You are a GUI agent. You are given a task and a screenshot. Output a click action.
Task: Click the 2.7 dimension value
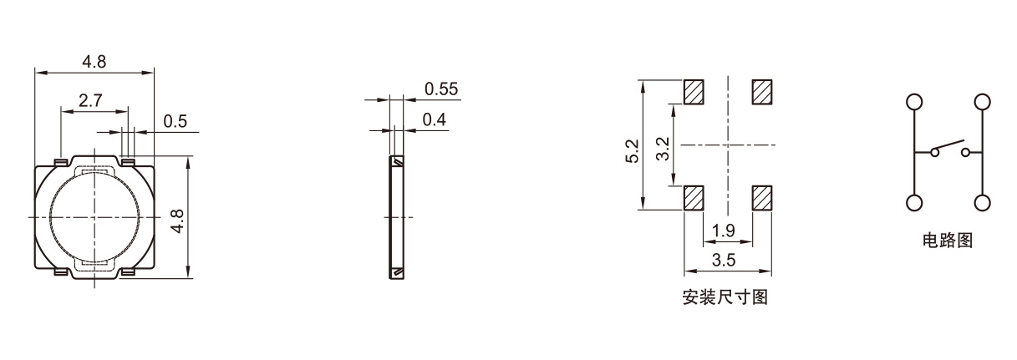point(90,100)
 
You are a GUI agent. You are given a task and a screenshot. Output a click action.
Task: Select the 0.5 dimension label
point(175,122)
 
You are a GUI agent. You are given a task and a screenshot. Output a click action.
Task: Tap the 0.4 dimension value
point(435,120)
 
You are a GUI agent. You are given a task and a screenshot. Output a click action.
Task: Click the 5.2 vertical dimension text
point(633,151)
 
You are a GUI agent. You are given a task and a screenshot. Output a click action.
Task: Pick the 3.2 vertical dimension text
point(663,151)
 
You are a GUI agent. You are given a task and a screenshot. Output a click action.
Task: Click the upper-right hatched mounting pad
point(762,91)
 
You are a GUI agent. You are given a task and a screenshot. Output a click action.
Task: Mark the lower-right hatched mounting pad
point(762,198)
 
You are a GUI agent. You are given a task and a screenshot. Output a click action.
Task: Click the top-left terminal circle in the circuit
point(914,102)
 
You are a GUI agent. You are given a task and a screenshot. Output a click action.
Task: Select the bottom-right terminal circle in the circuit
point(983,203)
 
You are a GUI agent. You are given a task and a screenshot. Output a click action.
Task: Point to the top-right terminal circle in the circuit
point(983,102)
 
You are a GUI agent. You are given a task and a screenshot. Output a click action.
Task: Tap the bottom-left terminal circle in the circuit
point(914,203)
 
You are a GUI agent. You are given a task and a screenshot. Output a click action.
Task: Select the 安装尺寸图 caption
point(725,297)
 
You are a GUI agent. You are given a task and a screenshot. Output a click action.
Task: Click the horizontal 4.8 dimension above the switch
point(94,62)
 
